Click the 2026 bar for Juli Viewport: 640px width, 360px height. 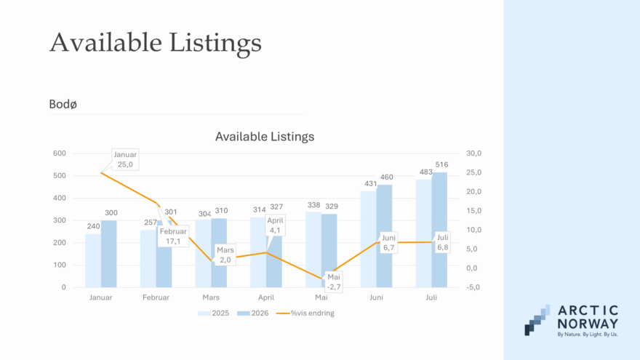click(439, 230)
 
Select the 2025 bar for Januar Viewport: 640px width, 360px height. click(93, 260)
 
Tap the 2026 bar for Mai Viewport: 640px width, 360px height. click(329, 251)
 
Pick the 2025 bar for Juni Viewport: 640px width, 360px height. click(369, 239)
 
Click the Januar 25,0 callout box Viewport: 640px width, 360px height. click(125, 159)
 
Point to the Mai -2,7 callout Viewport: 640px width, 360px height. click(334, 282)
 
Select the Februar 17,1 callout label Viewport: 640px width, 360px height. click(173, 236)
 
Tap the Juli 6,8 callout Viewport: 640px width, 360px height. click(442, 242)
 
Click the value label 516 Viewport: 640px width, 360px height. click(441, 164)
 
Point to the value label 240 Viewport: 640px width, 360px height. click(94, 226)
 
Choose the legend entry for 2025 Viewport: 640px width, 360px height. click(214, 313)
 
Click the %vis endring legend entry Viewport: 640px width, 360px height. click(305, 313)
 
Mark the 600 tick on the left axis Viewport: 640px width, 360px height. click(60, 153)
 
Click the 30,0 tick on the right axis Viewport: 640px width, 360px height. click(474, 153)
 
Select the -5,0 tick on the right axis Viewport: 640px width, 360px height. click(473, 287)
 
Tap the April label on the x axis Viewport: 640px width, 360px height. click(266, 297)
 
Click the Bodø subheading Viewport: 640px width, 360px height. click(63, 105)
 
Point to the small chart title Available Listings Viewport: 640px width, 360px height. click(265, 136)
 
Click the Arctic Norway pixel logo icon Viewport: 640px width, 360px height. click(537, 320)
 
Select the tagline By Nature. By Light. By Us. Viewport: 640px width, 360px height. click(588, 335)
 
